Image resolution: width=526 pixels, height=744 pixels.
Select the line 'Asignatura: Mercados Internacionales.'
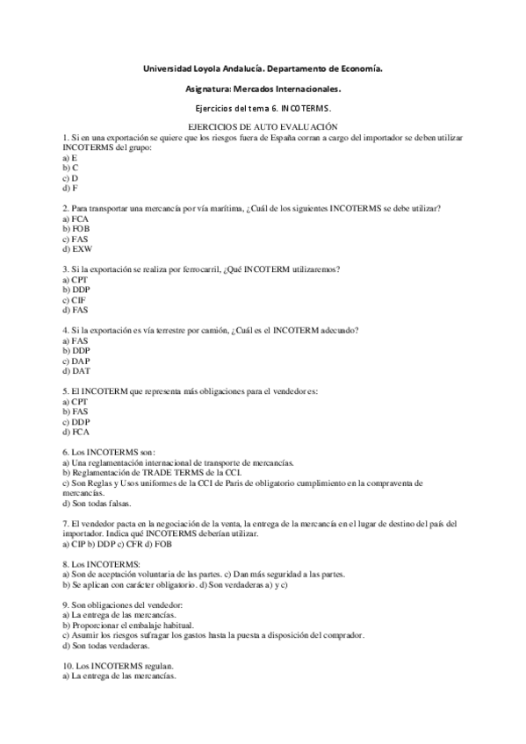tap(263, 88)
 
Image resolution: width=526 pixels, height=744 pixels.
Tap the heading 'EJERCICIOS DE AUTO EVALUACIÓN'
tap(263, 128)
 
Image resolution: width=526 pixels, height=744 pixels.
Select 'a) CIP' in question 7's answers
tap(76, 543)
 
